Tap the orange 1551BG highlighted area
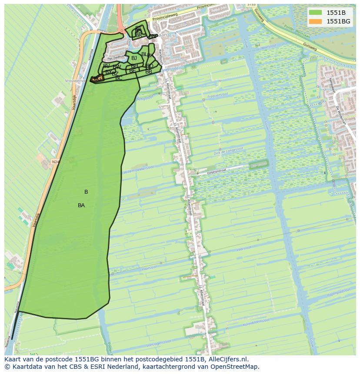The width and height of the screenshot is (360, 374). [98, 78]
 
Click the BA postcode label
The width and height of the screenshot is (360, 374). [81, 205]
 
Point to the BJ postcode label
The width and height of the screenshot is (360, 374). [134, 58]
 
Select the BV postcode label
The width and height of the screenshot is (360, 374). [106, 66]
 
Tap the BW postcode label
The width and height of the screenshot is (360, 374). [117, 67]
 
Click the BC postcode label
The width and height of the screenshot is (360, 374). [119, 78]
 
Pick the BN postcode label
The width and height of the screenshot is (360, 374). [152, 36]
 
